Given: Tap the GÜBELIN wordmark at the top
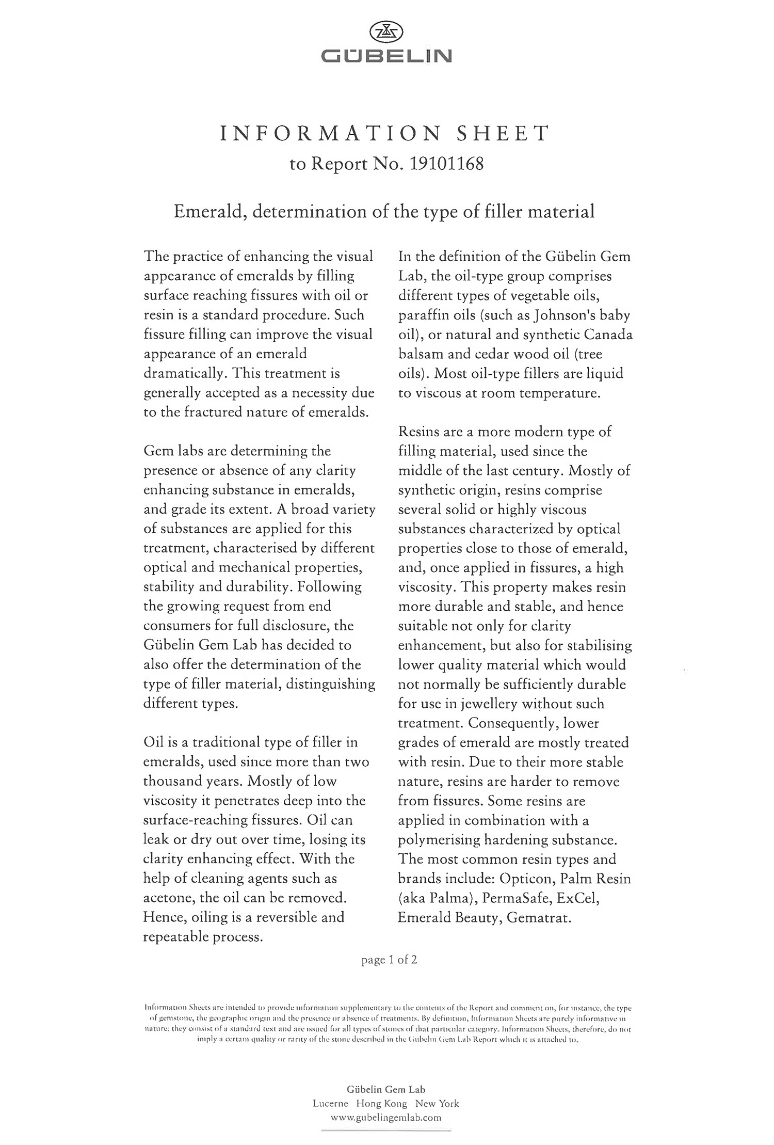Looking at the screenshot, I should pos(386,56).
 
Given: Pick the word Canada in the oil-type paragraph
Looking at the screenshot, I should pos(608,335).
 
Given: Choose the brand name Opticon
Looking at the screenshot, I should pos(526,879).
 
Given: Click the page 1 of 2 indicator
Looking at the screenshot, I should pos(389,960).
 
